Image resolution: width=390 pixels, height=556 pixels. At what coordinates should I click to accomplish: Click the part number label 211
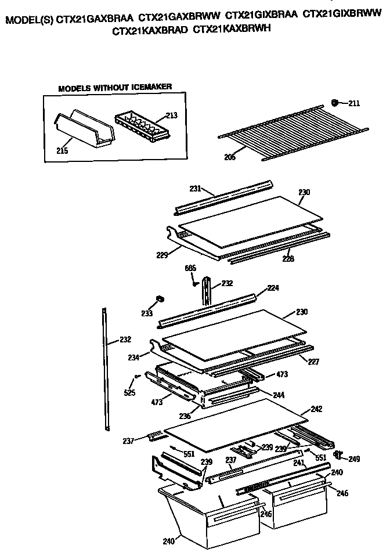354,104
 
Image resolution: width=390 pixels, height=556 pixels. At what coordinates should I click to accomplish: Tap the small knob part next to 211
335,103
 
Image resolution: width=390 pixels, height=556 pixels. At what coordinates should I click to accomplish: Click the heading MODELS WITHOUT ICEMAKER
115,87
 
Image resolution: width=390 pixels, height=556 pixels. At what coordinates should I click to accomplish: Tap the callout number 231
195,188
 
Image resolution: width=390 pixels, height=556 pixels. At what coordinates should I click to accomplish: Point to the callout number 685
191,268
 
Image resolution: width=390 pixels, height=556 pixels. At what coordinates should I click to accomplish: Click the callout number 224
273,287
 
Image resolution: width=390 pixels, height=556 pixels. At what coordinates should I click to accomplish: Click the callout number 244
279,395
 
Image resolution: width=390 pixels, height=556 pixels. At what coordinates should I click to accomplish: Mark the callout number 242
316,409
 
